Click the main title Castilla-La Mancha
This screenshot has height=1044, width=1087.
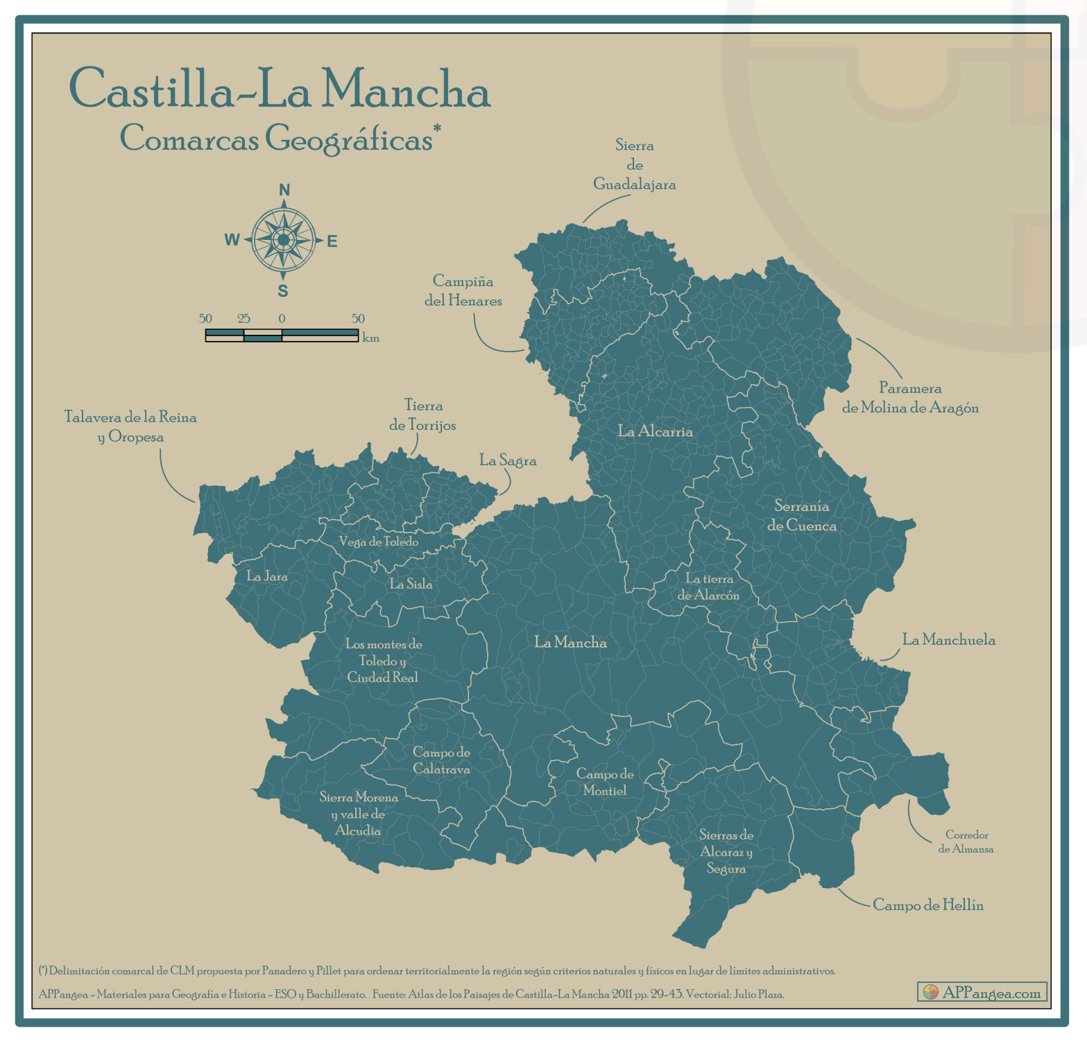[280, 89]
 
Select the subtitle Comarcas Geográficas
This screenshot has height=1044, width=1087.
[277, 138]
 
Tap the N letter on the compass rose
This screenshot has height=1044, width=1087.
[284, 190]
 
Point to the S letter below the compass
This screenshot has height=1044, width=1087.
[283, 291]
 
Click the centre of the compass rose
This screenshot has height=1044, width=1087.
[283, 240]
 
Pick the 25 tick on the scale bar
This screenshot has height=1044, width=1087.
[243, 319]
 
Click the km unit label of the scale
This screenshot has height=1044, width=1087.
[370, 338]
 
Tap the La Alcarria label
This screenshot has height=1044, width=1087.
[655, 431]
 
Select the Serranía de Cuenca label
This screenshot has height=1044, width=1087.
[801, 516]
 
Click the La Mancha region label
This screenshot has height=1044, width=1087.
[570, 643]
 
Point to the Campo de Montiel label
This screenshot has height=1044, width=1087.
[605, 782]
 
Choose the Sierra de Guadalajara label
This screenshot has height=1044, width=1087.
[634, 165]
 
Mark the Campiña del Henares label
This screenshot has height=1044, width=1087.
[463, 290]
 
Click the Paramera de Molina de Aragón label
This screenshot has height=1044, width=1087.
[910, 398]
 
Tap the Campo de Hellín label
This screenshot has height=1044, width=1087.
[927, 905]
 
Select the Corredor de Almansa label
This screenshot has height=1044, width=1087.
[966, 842]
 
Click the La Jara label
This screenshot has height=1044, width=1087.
[267, 576]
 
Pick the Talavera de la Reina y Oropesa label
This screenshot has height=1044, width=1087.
[130, 426]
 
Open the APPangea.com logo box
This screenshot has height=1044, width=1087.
[982, 992]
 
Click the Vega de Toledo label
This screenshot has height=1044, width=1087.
[378, 541]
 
